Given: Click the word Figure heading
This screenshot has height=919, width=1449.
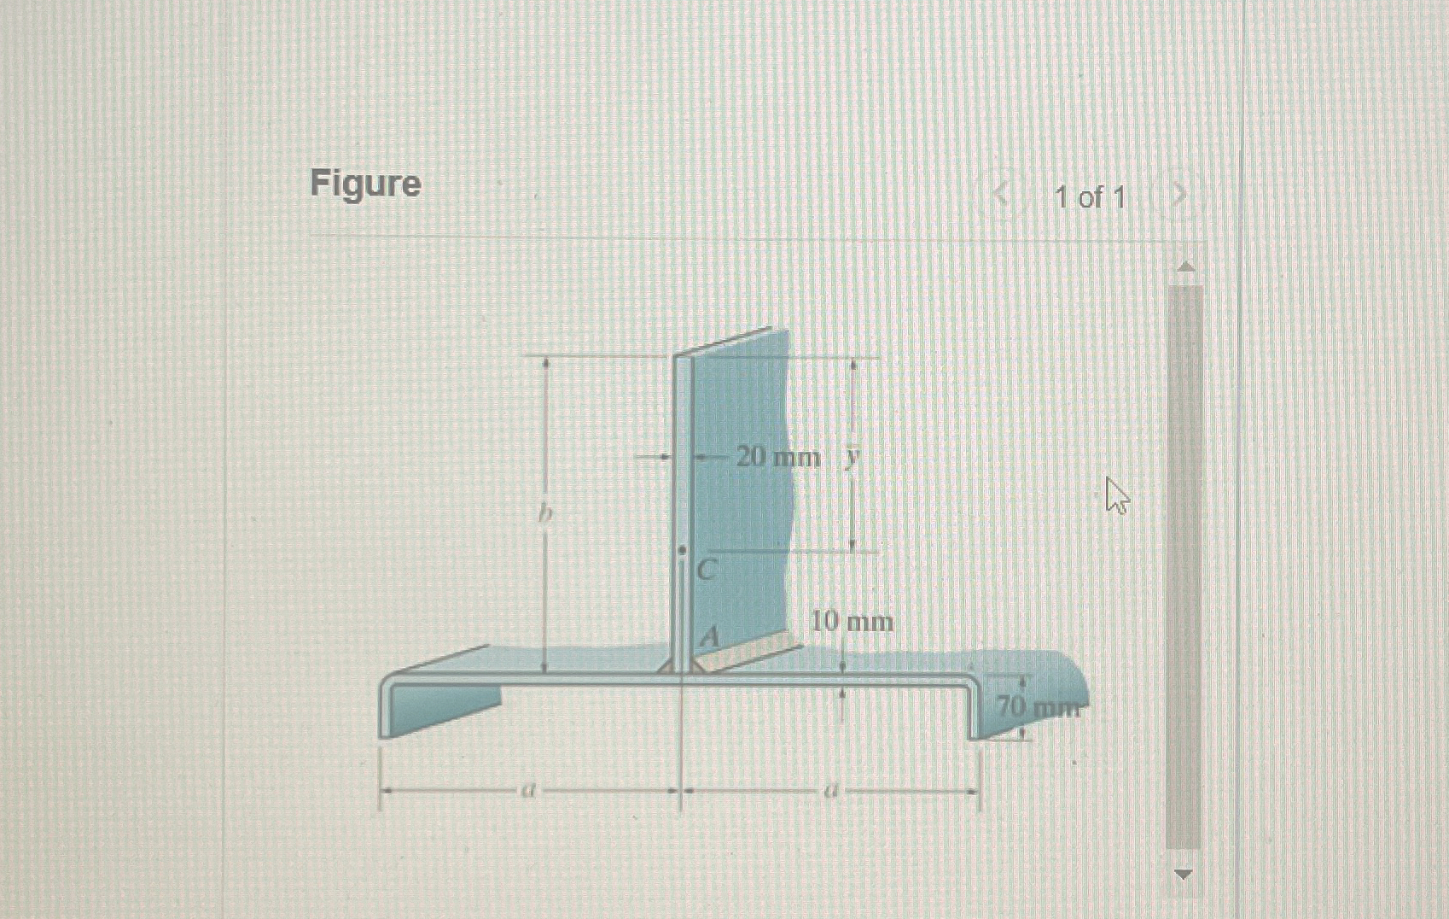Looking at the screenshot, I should (365, 184).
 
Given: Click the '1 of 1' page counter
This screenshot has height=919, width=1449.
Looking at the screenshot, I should (1090, 198).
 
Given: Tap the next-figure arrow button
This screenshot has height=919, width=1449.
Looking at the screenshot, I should (1178, 197).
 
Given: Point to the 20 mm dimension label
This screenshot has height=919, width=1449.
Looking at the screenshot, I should (777, 457).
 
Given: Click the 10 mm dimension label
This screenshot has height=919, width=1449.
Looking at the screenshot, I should (852, 621).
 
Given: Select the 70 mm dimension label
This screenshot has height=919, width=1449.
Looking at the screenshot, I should (1038, 707).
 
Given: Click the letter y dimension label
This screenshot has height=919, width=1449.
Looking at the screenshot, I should (851, 457).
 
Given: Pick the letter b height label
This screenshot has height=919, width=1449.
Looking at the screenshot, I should (545, 515).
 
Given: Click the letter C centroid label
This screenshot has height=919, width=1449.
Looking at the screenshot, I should (706, 570).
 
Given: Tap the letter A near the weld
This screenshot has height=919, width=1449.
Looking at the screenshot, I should (710, 636).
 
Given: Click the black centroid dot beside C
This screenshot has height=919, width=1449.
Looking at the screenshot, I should (681, 551).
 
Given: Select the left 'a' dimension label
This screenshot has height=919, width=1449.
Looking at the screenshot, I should (528, 792).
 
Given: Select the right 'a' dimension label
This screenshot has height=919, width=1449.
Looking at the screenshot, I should (828, 792).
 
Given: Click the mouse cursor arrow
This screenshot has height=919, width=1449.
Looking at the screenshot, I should (1114, 495).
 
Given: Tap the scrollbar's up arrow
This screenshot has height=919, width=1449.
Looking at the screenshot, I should (1184, 267).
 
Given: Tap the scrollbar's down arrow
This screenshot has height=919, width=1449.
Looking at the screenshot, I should (1184, 873).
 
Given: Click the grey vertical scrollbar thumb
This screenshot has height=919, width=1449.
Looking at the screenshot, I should (1184, 564).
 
